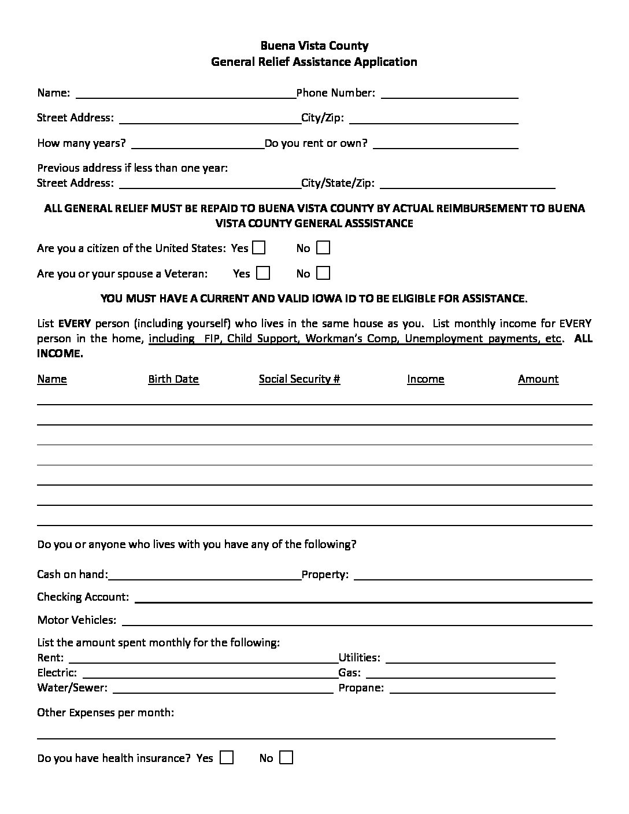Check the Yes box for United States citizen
click(x=258, y=248)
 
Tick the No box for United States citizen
click(x=323, y=248)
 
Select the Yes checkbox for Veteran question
click(x=263, y=273)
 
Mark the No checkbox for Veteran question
click(x=323, y=273)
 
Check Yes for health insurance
click(x=227, y=757)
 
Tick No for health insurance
click(x=286, y=757)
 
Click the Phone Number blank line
click(x=449, y=95)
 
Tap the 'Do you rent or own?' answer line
click(x=446, y=145)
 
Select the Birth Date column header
click(x=173, y=379)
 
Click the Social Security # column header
click(x=299, y=379)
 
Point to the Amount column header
click(x=538, y=379)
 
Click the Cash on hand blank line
click(x=205, y=576)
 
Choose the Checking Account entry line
click(x=363, y=599)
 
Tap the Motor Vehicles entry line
click(x=357, y=622)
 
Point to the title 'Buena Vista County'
click(x=314, y=46)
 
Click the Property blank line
click(x=472, y=576)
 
